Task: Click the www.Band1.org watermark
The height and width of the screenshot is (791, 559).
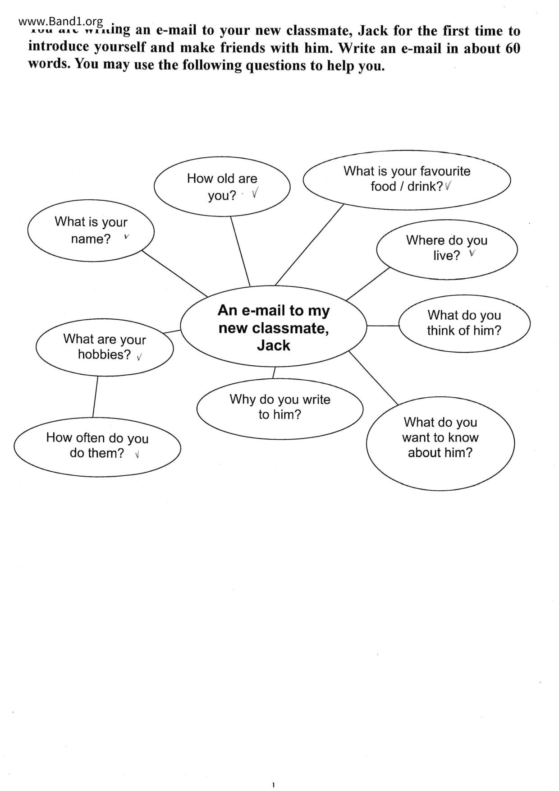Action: (x=61, y=21)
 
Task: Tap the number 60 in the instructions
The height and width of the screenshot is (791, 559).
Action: (x=513, y=48)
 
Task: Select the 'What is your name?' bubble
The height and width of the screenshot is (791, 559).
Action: (x=91, y=230)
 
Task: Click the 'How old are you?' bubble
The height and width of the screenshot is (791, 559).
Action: (x=222, y=186)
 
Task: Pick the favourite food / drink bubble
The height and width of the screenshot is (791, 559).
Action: (x=407, y=179)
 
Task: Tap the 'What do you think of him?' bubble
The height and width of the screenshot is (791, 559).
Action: (x=464, y=323)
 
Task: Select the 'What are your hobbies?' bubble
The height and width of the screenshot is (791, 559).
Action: (x=105, y=347)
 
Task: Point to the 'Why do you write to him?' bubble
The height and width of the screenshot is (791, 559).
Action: (x=279, y=407)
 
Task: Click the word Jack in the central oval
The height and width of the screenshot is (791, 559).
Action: (x=274, y=345)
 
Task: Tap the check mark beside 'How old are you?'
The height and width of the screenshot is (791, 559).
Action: (x=255, y=193)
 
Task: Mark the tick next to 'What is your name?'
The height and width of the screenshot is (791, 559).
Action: (x=127, y=236)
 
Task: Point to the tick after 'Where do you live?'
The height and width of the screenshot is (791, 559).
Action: (x=472, y=253)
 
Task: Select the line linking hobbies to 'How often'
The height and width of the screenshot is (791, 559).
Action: (x=95, y=397)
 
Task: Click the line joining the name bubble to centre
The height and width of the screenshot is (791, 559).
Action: (x=175, y=274)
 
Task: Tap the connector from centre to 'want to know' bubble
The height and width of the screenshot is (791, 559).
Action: (x=373, y=378)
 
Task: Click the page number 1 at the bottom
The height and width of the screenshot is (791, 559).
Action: (x=274, y=785)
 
